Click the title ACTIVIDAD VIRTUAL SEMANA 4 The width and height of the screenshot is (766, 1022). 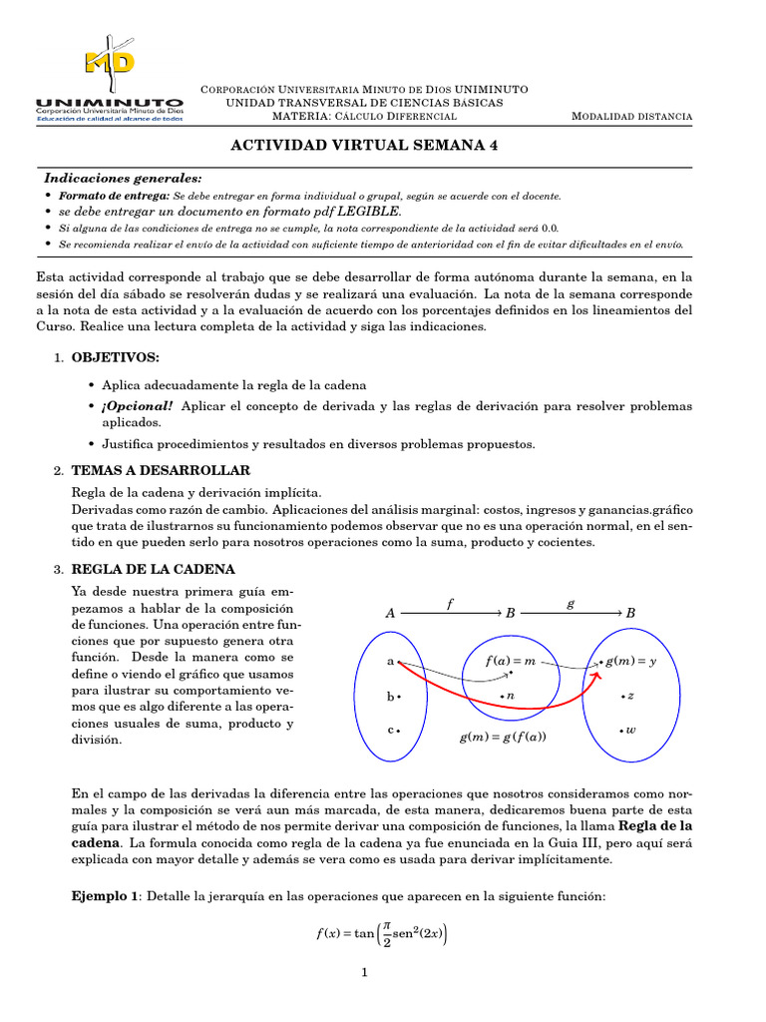(x=364, y=145)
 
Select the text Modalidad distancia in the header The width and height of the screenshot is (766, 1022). (x=631, y=117)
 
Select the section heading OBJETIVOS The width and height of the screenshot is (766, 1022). (x=115, y=357)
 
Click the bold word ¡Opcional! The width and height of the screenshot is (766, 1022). (x=137, y=406)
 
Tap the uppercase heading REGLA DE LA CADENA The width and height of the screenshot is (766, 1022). (x=154, y=570)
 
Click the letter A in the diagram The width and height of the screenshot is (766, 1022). (x=390, y=614)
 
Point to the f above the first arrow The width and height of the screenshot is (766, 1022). (x=450, y=603)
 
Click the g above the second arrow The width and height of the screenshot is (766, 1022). (x=570, y=603)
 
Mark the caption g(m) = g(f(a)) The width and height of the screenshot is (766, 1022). (x=503, y=738)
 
